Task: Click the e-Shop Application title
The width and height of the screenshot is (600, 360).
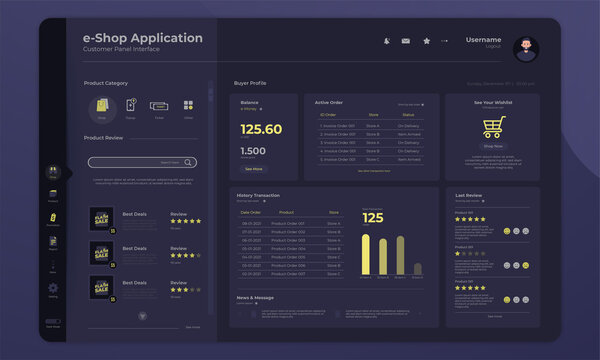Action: click(142, 38)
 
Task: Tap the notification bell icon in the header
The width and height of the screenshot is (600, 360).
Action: click(386, 41)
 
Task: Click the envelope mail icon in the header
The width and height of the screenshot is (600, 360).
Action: click(406, 41)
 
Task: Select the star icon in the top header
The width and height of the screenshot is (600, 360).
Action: click(426, 41)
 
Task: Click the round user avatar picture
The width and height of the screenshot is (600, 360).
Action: click(525, 47)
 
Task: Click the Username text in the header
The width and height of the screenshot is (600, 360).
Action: click(483, 39)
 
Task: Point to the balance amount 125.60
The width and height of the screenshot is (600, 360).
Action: click(261, 129)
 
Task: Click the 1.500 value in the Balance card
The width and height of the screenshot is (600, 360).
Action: click(253, 151)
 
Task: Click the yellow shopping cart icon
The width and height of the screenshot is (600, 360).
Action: click(493, 127)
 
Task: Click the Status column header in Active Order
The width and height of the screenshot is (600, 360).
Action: click(408, 115)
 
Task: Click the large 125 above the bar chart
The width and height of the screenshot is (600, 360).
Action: click(373, 218)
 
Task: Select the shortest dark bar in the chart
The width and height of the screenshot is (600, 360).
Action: click(418, 268)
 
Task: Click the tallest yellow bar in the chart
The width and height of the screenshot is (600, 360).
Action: click(367, 255)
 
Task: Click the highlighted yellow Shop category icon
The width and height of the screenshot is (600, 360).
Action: click(100, 105)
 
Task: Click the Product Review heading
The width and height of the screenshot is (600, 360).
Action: click(103, 137)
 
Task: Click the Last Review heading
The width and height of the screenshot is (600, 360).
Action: click(469, 195)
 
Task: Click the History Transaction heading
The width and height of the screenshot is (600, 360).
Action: click(258, 195)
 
